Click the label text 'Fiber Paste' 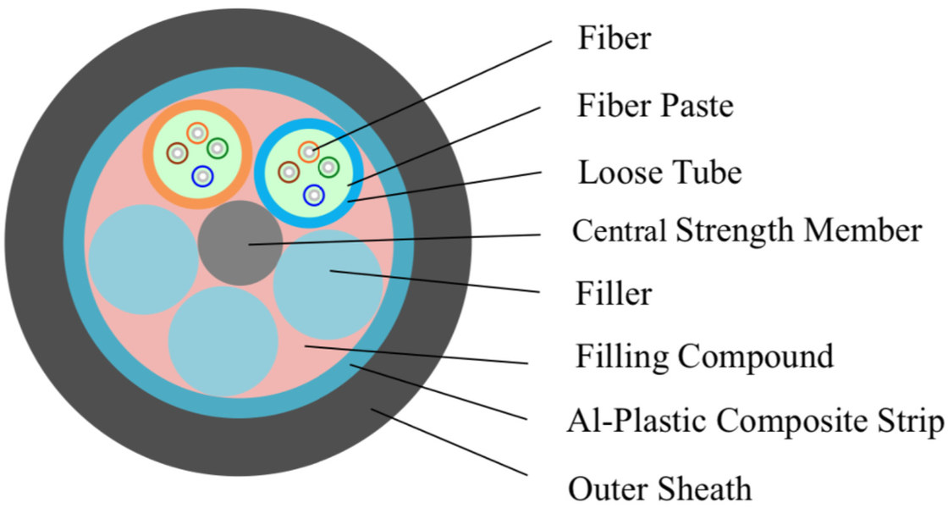point(654,107)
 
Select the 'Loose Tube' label point(659,173)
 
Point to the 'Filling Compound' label point(704,356)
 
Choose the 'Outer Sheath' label point(659,489)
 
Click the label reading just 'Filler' point(614,294)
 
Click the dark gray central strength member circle point(240,243)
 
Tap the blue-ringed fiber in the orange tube point(202,175)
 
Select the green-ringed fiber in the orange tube point(218,148)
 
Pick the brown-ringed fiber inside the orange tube point(178,153)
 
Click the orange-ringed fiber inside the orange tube point(197,132)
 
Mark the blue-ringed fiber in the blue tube point(314,195)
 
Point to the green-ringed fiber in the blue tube point(328,167)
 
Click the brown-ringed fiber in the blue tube point(289,173)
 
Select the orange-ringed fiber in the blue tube point(308,152)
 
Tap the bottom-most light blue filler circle point(223,341)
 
